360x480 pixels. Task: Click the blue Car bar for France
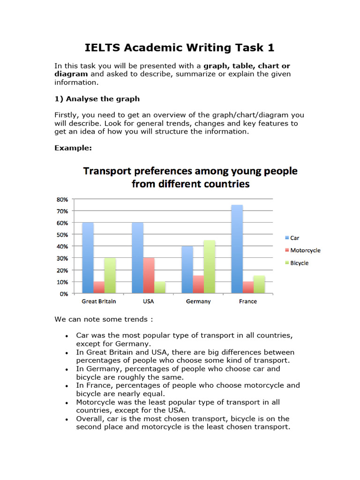237,249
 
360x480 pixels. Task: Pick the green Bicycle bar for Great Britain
110,276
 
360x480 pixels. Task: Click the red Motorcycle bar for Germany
198,285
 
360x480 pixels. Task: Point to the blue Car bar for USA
137,258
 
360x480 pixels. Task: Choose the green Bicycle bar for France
259,285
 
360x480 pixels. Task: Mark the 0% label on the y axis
63,294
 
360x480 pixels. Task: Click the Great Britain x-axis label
99,301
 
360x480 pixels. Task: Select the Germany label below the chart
198,301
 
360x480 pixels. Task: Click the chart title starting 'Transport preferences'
190,177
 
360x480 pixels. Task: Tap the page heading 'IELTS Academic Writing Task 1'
180,48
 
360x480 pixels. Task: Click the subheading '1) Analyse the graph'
97,99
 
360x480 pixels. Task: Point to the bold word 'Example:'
73,148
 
